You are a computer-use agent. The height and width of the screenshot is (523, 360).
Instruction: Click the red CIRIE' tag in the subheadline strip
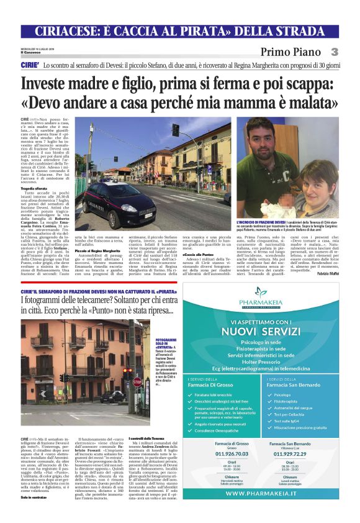click(x=30, y=65)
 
